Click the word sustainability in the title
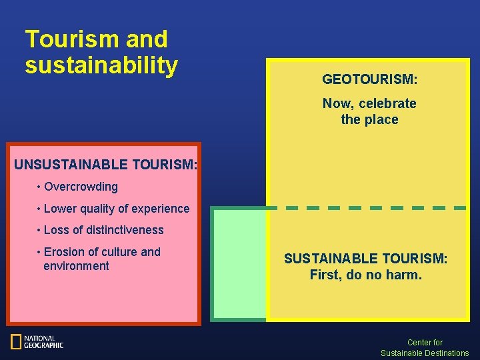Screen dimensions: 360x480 [101, 65]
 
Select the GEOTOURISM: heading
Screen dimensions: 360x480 [370, 79]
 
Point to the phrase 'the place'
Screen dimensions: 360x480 [369, 120]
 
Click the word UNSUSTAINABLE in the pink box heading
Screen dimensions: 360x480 [71, 164]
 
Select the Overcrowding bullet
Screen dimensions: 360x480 [80, 187]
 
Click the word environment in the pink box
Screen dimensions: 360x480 [76, 266]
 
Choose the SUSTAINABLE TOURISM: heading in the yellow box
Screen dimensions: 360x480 [365, 259]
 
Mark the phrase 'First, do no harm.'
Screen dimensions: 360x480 [365, 275]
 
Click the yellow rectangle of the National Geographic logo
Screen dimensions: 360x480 [16, 342]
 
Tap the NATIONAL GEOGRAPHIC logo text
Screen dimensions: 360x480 [43, 342]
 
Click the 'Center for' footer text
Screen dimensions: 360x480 [425, 343]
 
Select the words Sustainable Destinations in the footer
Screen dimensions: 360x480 [425, 353]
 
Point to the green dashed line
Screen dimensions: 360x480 [373, 208]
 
